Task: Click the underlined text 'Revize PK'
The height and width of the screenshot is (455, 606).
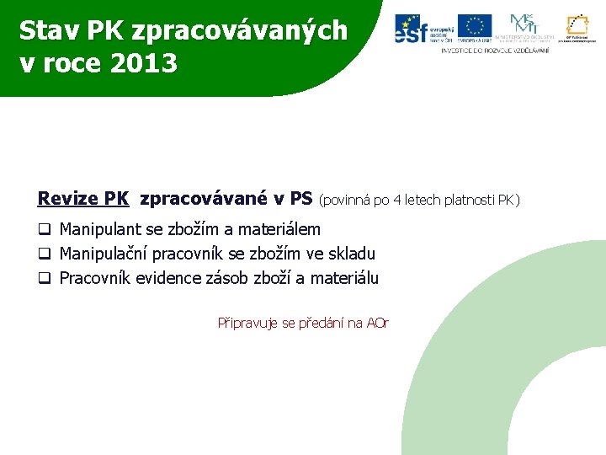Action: click(x=82, y=200)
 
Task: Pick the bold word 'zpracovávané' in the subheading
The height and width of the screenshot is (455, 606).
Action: click(x=205, y=200)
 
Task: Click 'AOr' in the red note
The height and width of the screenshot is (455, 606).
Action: click(x=378, y=323)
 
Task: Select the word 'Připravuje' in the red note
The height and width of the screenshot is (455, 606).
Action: click(x=245, y=323)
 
